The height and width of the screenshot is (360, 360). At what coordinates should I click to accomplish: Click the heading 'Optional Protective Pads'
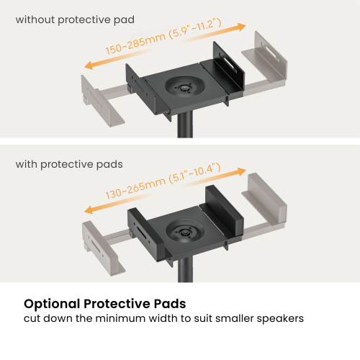[x=105, y=304]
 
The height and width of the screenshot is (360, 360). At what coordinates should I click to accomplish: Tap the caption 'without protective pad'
[x=75, y=19]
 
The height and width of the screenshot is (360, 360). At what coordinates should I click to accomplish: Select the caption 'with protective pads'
[x=69, y=165]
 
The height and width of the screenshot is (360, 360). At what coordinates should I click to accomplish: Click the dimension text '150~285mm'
[x=136, y=43]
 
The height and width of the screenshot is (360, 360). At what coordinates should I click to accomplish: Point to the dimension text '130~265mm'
[x=136, y=188]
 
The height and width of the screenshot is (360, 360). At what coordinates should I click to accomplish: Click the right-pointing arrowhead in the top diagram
[x=240, y=27]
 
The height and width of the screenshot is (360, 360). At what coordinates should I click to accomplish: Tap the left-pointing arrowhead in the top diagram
[x=89, y=66]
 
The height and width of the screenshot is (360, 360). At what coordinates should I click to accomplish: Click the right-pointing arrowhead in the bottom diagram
[x=240, y=171]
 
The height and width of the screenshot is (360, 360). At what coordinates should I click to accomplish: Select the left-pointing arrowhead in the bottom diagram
[x=89, y=210]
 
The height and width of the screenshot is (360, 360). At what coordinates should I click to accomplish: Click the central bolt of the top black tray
[x=184, y=89]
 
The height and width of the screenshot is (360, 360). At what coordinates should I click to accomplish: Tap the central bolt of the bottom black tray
[x=184, y=233]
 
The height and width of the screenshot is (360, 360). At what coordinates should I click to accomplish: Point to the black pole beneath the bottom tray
[x=185, y=270]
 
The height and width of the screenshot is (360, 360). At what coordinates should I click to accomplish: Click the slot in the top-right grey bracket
[x=270, y=52]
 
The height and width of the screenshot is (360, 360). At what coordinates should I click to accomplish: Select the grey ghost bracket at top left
[x=102, y=101]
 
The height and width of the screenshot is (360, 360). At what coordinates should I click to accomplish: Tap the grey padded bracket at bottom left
[x=103, y=247]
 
